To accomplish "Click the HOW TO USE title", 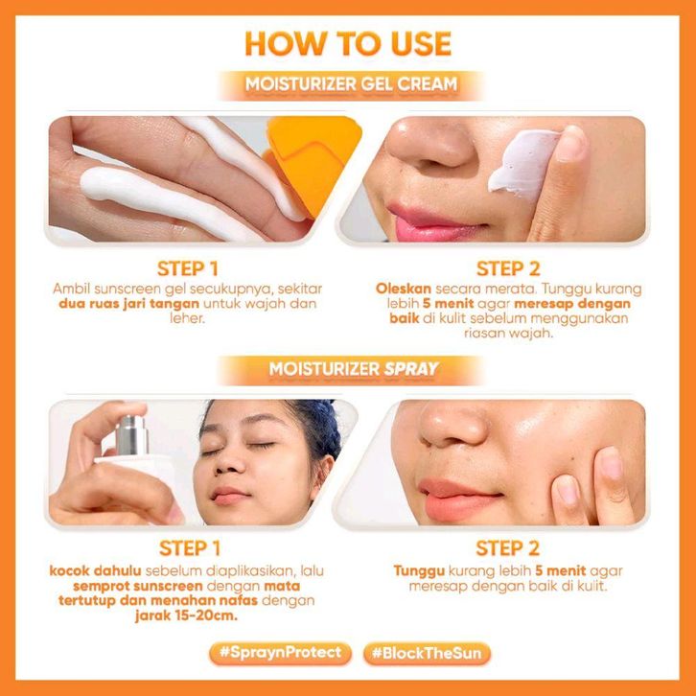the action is tap(348, 43).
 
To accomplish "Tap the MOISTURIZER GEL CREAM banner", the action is tap(351, 84).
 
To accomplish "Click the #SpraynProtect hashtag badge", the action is tap(281, 653).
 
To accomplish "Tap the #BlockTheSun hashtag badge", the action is tap(427, 654).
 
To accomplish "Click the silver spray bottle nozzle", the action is tap(131, 435).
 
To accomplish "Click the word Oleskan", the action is tap(404, 289).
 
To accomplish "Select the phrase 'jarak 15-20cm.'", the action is tap(186, 615).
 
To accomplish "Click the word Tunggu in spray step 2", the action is tap(419, 570).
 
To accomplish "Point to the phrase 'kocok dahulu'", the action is tap(95, 570).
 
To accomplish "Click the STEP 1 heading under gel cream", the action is tap(188, 269).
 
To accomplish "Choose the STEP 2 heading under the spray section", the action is tap(508, 548).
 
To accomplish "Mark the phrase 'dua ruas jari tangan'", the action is tap(128, 304).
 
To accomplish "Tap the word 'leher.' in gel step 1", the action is tap(187, 318).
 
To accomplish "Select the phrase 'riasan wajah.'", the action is tap(509, 333).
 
